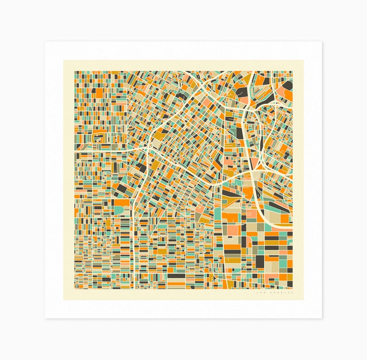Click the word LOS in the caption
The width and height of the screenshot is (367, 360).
coord(260,293)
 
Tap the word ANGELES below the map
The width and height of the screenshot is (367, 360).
coord(280,293)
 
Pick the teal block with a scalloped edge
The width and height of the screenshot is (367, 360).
coord(119,211)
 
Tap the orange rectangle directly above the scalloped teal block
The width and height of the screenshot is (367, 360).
coord(122,202)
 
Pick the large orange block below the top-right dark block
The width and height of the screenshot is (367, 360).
coord(288,95)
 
